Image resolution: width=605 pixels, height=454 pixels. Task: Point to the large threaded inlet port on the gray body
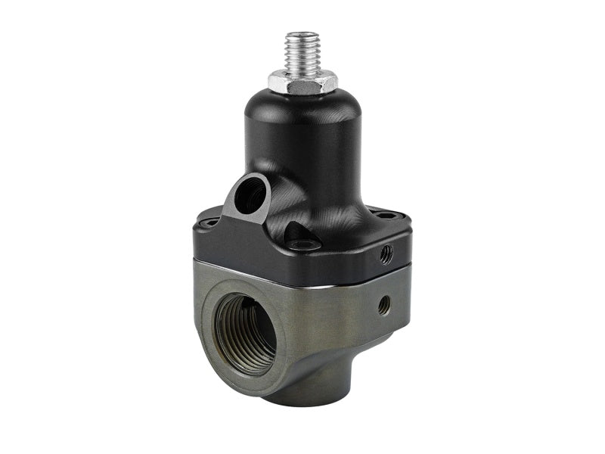pos(245,333)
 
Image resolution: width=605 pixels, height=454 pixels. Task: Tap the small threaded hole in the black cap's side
pos(386,253)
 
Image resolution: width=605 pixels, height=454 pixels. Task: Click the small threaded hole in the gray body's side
pos(384,305)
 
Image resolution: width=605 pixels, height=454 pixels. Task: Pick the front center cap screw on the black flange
pos(305,244)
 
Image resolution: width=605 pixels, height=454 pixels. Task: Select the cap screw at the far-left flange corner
pos(212,222)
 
